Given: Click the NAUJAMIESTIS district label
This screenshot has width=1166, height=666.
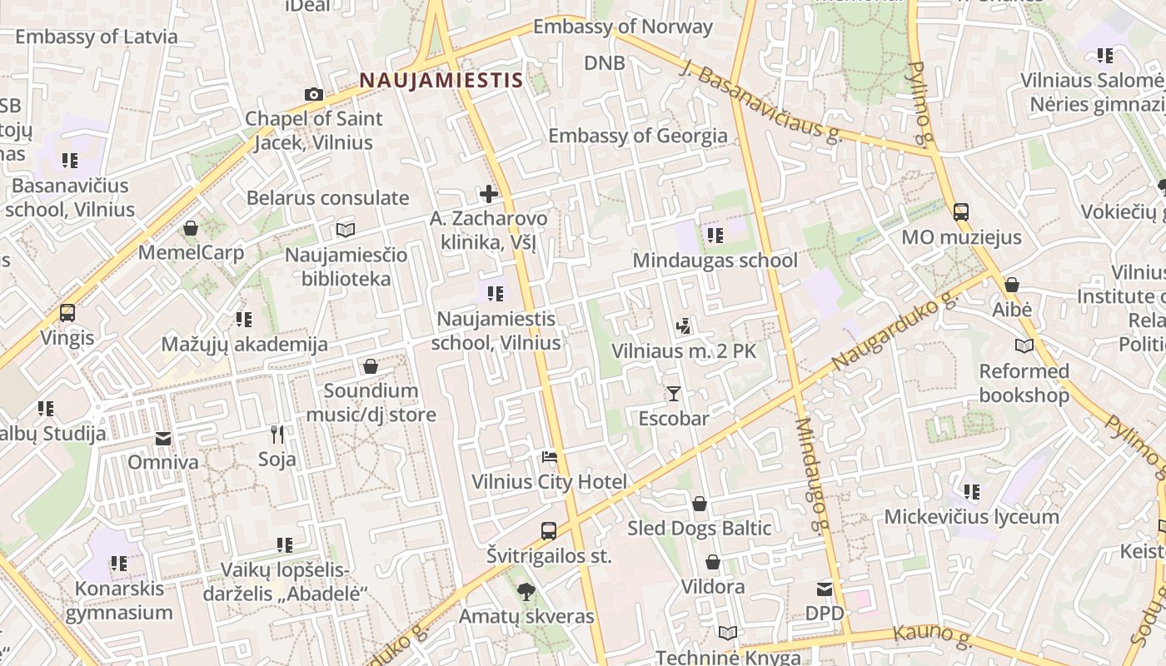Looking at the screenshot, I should (x=441, y=81).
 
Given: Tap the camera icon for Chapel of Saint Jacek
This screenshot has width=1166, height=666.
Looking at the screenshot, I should (x=313, y=95).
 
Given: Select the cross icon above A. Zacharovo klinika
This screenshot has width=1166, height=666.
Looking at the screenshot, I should (x=489, y=195).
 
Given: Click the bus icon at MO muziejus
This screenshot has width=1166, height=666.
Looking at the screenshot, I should (x=961, y=212).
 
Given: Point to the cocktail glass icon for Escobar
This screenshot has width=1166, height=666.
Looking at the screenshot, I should (x=673, y=394).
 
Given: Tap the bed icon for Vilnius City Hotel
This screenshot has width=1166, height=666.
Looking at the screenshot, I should (x=549, y=457).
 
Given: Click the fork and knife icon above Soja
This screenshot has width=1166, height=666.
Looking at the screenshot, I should (x=277, y=434).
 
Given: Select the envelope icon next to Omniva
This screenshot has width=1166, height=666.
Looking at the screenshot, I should (x=163, y=439).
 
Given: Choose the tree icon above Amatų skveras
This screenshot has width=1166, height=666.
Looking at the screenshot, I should (x=526, y=592).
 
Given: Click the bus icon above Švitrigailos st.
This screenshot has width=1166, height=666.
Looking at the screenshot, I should (x=549, y=530).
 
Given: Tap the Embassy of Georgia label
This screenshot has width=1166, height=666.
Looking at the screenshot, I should (x=638, y=136).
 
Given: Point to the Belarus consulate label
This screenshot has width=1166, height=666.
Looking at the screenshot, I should (x=328, y=198).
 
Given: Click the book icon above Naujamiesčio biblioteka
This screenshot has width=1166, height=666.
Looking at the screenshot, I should (x=346, y=230).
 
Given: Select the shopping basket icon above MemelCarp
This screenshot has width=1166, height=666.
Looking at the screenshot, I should (x=192, y=228).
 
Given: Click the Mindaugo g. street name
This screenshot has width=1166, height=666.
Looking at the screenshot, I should (x=813, y=474).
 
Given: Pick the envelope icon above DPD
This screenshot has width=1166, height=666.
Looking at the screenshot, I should (x=825, y=589).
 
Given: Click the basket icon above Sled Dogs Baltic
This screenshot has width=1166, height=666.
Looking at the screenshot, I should (x=700, y=504).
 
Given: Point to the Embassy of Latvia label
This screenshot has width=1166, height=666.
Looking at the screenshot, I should (x=97, y=37).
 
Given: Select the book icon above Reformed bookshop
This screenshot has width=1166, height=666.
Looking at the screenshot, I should (x=1024, y=345).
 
